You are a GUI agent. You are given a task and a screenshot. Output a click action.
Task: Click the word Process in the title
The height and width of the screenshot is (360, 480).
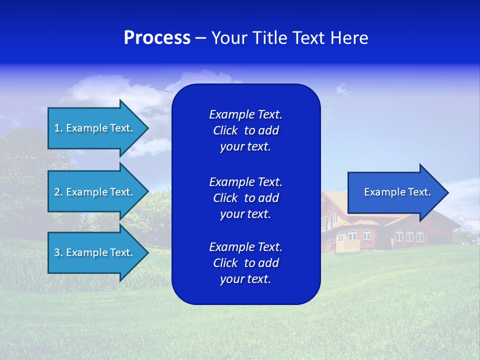click(x=157, y=38)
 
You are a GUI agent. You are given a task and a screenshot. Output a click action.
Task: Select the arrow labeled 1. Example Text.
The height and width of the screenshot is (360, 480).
click(x=93, y=128)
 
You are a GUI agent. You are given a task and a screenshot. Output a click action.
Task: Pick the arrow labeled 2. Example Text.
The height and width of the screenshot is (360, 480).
click(x=93, y=192)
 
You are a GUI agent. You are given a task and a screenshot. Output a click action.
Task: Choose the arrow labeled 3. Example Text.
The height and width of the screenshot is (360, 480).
click(x=93, y=252)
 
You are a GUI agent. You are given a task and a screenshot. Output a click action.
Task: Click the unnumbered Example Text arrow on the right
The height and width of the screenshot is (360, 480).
click(x=397, y=192)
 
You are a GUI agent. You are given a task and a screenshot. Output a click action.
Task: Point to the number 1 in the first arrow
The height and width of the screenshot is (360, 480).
click(x=57, y=128)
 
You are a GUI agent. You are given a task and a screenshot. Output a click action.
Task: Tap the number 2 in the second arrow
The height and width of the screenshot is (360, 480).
click(x=57, y=192)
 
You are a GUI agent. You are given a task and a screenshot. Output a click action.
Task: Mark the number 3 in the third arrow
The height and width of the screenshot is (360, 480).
click(x=57, y=252)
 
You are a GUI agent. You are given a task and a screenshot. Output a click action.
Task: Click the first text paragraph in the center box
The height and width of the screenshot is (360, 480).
click(x=245, y=130)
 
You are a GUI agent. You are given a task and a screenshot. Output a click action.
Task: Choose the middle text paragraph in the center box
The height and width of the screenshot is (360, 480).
click(x=245, y=198)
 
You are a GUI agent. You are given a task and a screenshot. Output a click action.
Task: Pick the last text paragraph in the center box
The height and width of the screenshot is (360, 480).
click(x=245, y=263)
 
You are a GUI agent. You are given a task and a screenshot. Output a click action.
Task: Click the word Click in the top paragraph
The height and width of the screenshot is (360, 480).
click(x=225, y=130)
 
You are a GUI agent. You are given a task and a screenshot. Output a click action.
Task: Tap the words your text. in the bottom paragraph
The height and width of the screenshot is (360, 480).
click(x=245, y=279)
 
